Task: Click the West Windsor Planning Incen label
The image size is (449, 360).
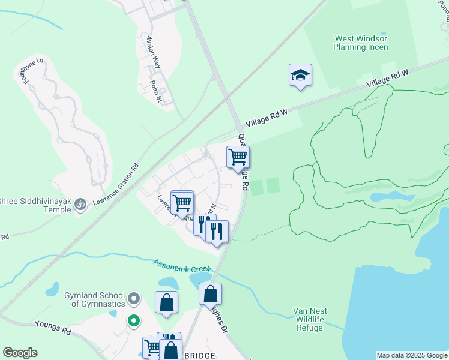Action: click(x=360, y=43)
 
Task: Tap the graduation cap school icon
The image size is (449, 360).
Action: click(x=300, y=76)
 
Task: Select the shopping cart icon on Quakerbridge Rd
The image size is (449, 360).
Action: click(x=238, y=158)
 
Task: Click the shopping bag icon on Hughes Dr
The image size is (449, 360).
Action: click(x=210, y=295)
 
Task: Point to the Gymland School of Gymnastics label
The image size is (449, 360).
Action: click(x=94, y=299)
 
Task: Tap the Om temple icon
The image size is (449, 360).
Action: click(x=79, y=205)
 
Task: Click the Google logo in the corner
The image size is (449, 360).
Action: click(x=20, y=353)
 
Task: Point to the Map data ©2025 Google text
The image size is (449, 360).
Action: click(x=412, y=355)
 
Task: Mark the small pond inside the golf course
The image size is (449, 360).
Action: click(x=384, y=197)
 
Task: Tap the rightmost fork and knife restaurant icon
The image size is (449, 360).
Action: click(x=217, y=231)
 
